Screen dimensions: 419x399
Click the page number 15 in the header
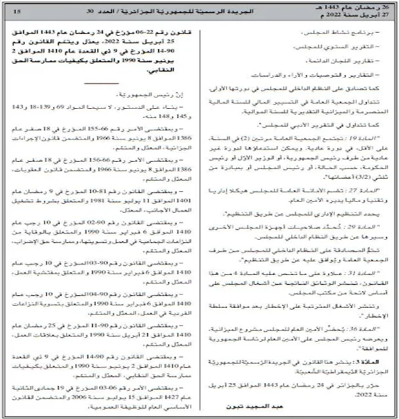[x=17, y=11]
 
